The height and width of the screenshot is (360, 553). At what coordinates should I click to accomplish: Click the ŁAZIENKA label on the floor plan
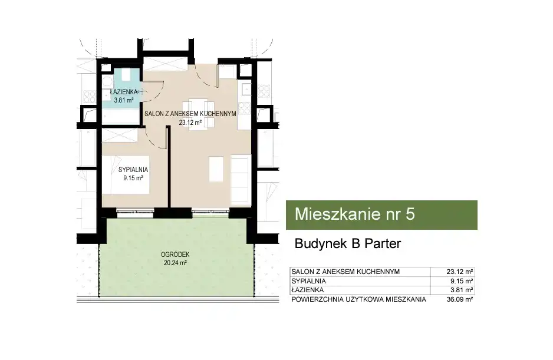124,92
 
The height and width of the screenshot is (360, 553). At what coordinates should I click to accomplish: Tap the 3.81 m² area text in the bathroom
123,100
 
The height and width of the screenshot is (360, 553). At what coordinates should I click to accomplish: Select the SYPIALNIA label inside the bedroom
133,170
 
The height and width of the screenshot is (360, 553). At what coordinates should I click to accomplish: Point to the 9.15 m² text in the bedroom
133,178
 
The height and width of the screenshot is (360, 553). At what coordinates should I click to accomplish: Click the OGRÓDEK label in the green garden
175,255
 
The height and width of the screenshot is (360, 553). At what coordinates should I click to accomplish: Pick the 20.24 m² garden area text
175,263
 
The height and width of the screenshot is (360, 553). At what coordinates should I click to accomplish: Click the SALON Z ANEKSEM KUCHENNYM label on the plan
190,114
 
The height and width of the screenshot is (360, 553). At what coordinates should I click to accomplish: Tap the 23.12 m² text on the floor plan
190,123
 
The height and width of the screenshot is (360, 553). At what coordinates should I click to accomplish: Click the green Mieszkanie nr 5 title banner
381,215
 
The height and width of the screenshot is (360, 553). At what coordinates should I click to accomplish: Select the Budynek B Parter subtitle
348,244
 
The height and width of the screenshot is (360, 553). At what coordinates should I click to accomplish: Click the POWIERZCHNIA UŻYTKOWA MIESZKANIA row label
358,299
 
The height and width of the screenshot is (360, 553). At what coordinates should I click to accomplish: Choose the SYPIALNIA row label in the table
308,281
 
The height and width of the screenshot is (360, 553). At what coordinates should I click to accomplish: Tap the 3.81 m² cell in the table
461,290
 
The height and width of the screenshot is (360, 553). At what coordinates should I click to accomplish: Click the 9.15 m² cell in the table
461,281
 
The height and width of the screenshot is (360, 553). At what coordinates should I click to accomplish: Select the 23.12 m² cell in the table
459,272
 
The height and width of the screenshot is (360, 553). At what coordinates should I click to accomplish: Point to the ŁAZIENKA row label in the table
308,290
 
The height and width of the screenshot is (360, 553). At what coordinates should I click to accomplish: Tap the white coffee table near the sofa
216,169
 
